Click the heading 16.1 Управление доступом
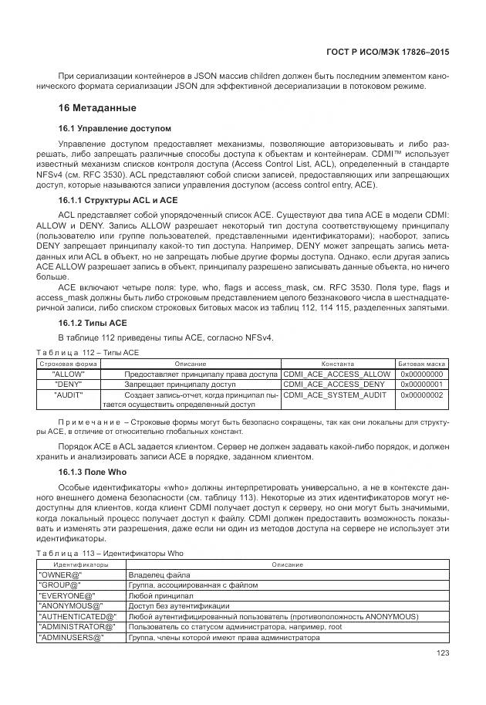(x=115, y=128)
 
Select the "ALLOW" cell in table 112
(x=69, y=374)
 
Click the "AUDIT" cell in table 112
(x=69, y=395)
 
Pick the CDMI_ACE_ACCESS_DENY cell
(x=334, y=384)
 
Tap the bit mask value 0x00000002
(x=421, y=395)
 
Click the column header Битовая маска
(x=421, y=363)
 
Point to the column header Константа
(x=338, y=363)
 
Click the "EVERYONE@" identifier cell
(x=66, y=596)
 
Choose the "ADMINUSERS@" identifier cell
(x=70, y=638)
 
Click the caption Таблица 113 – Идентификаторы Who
(x=110, y=554)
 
